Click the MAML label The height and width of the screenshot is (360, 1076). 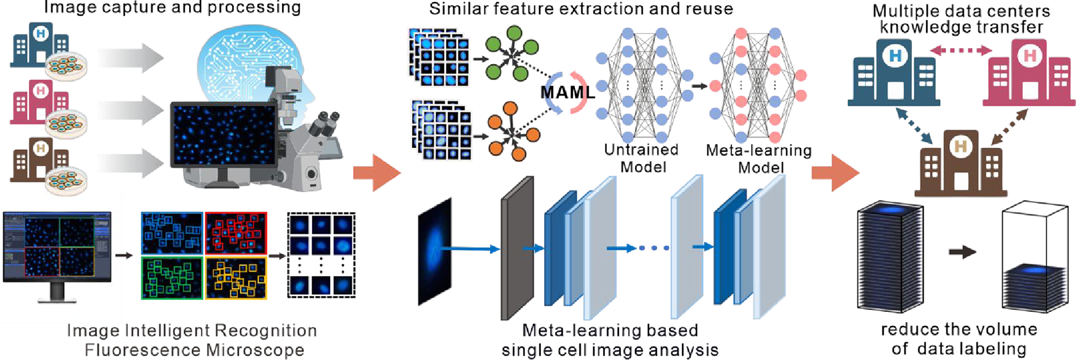click(568, 93)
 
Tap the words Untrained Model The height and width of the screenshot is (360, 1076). click(641, 158)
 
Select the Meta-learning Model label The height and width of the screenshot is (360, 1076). click(759, 159)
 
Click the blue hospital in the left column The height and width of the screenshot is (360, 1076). click(40, 46)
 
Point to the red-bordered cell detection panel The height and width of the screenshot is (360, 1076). click(236, 233)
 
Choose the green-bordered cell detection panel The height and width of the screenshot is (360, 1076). click(172, 277)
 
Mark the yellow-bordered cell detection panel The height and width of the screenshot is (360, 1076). click(236, 277)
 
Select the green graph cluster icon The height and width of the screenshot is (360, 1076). click(511, 53)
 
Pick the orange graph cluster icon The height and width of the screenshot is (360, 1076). click(511, 131)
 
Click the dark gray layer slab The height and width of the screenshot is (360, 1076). click(517, 249)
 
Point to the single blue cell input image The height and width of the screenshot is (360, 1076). click(435, 250)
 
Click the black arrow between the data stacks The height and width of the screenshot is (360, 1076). click(962, 252)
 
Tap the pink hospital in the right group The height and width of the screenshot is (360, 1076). click(1029, 74)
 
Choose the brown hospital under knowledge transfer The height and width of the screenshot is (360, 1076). click(960, 163)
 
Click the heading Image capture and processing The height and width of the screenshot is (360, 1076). click(172, 8)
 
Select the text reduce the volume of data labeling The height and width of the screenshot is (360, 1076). click(959, 339)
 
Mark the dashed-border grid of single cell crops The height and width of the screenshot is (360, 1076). click(321, 255)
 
